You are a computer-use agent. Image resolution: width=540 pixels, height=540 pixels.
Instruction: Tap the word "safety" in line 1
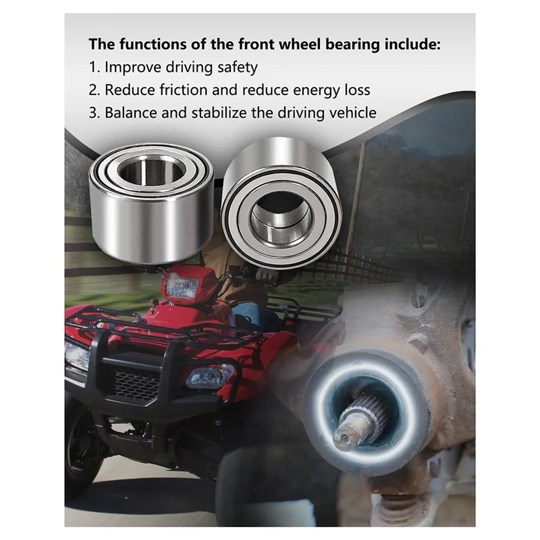pyautogui.click(x=236, y=67)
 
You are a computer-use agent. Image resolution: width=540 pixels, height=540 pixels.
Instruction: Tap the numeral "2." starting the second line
pyautogui.click(x=94, y=90)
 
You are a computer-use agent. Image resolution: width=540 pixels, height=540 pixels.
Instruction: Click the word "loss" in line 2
pyautogui.click(x=355, y=90)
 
